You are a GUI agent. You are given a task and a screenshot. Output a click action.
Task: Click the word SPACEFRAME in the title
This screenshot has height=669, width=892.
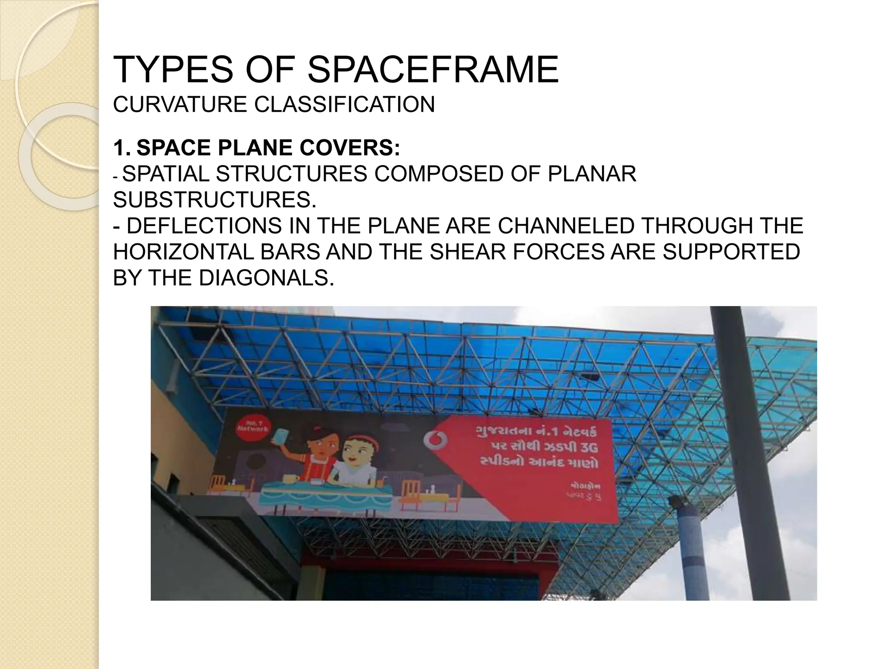click(x=433, y=70)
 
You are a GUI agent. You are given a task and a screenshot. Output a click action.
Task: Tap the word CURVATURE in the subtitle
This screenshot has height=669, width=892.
click(x=180, y=105)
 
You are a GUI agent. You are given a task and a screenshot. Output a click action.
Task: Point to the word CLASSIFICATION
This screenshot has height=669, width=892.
click(x=345, y=105)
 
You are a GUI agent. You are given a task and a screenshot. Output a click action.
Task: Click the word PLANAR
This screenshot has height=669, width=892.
click(x=592, y=174)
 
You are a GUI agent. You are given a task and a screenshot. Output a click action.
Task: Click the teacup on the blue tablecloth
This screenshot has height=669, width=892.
click(x=288, y=478)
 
